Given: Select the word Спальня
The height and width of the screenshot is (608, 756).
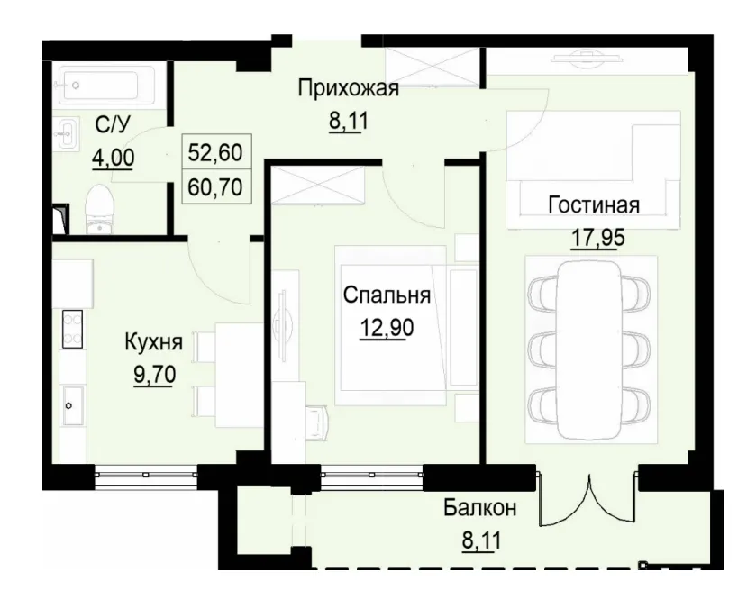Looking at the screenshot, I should tap(386, 295).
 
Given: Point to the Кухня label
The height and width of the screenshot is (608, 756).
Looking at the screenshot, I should tap(153, 341).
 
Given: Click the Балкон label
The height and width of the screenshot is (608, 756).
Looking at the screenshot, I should tap(479, 509).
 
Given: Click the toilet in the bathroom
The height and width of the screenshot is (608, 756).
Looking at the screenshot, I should tap(98, 211).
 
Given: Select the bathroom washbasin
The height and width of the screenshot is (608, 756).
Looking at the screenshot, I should tap(66, 135).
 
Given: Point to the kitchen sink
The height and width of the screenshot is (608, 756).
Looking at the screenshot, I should tap(71, 405).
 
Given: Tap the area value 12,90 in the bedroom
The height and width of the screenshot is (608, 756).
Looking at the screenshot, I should tap(386, 327).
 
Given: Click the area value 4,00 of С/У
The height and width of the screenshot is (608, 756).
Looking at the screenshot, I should tap(113, 159).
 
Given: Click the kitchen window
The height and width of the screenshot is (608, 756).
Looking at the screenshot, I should tap(146, 474).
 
